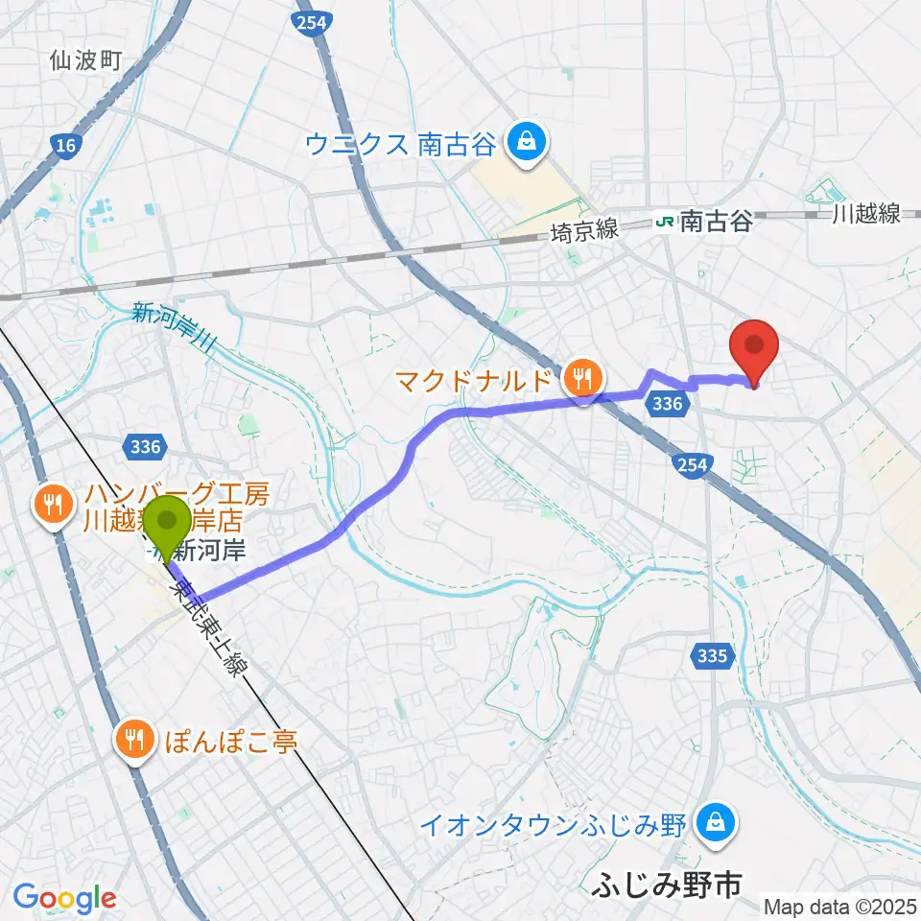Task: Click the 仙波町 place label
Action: click(x=86, y=62)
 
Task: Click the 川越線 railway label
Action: click(x=867, y=214)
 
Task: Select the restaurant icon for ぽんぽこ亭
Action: click(x=134, y=740)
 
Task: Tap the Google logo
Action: click(x=64, y=898)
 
